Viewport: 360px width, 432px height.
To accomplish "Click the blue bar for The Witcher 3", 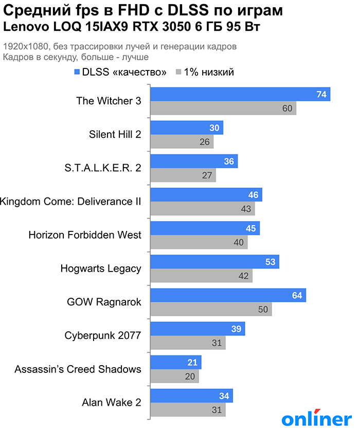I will point(240,94).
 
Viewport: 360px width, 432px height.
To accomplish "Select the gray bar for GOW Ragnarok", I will point(211,309).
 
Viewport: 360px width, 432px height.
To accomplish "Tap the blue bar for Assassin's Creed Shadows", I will point(175,363).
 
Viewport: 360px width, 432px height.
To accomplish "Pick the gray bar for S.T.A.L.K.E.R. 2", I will point(183,175).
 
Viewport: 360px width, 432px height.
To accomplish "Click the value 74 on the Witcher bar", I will point(322,95).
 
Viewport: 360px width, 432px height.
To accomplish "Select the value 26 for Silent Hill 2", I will point(205,142).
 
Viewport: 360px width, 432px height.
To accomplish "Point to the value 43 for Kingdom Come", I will point(246,209).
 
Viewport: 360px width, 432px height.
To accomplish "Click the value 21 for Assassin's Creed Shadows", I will point(193,363).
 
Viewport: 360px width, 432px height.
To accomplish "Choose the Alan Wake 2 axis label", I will point(112,403).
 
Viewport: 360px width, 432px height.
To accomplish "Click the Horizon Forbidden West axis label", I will point(85,235).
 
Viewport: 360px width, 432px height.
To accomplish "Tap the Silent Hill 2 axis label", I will point(115,135).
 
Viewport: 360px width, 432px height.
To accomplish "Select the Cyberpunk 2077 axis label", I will point(103,336).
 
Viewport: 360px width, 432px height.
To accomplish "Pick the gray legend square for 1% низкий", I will point(179,72).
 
